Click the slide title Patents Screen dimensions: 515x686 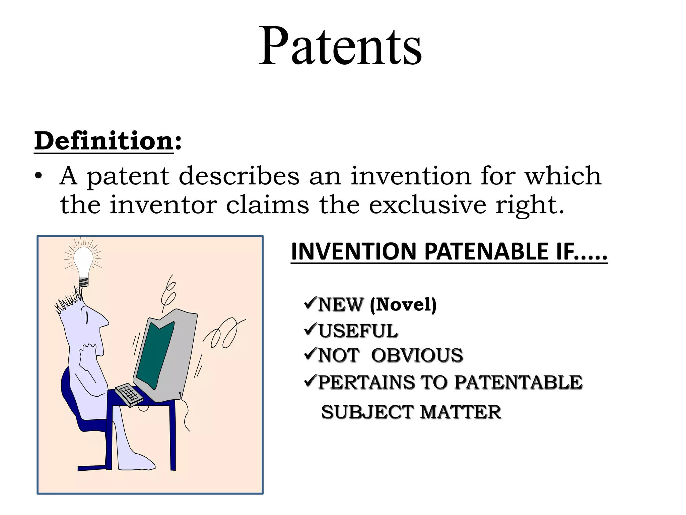coord(340,46)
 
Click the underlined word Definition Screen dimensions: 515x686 coord(104,141)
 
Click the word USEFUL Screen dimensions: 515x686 coord(358,331)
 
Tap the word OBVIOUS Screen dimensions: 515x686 coord(417,355)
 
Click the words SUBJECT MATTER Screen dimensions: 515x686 coord(411,412)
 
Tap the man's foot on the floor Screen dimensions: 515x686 coord(141,463)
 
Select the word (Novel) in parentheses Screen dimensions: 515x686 coord(403,304)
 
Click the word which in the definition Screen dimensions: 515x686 coord(563,176)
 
